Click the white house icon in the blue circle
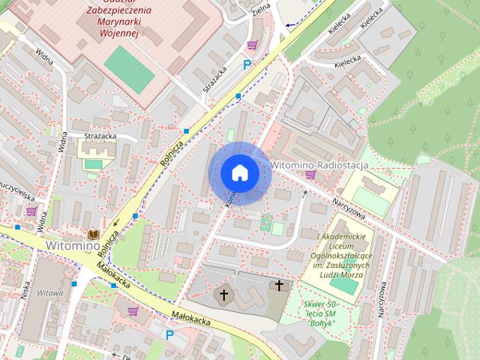tap(240, 173)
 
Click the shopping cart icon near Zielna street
tap(252, 45)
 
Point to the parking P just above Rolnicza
tap(246, 65)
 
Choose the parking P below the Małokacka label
tap(169, 335)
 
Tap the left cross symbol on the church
tap(223, 295)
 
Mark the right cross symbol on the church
tap(280, 286)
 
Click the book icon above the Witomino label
tap(93, 234)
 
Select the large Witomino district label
tap(73, 245)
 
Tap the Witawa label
tap(49, 293)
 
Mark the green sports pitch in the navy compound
tap(129, 70)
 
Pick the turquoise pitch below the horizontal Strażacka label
tap(93, 164)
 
